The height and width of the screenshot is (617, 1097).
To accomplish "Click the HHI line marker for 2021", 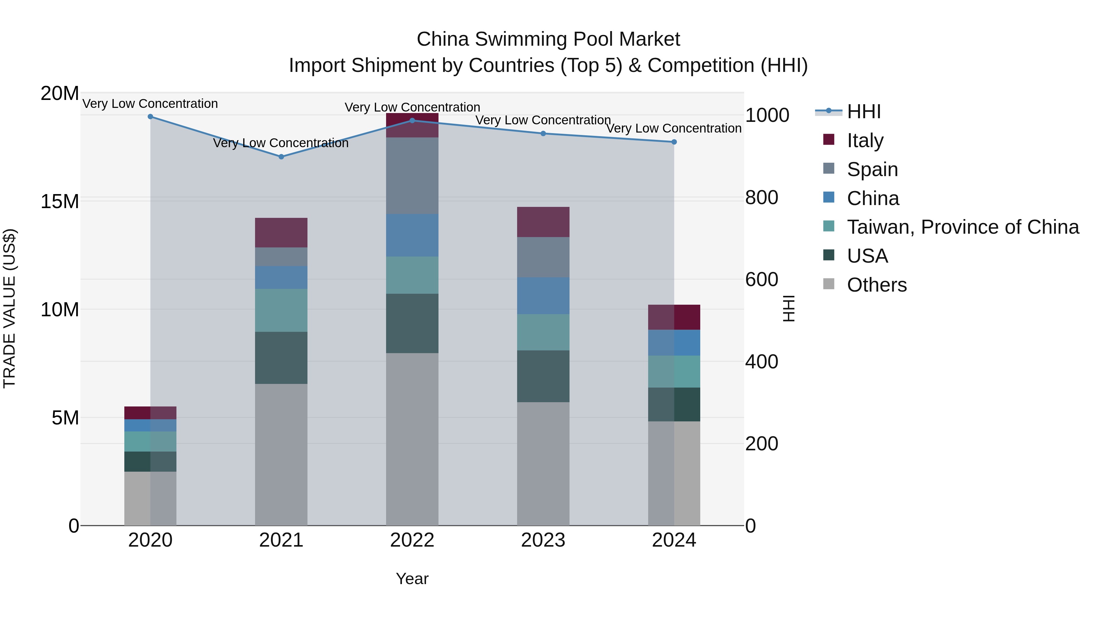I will point(281,157).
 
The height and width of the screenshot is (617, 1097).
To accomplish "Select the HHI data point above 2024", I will point(674,142).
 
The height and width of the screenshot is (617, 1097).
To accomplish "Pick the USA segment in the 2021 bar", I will point(281,358).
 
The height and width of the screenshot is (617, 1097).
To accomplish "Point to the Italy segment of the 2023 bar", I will point(543,222).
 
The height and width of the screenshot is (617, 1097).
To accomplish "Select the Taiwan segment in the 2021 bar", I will point(281,310).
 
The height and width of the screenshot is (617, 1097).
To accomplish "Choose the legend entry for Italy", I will point(865,140).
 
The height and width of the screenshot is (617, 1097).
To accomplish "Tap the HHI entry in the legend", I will point(863,112).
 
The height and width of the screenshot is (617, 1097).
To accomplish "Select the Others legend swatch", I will point(829,284).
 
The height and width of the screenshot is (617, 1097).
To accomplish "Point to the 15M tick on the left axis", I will point(60,201).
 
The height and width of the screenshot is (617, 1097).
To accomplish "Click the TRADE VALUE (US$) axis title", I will point(9,308).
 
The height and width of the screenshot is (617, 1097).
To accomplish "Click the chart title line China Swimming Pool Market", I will point(548,39).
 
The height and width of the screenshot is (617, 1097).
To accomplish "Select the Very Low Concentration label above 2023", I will point(543,120).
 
